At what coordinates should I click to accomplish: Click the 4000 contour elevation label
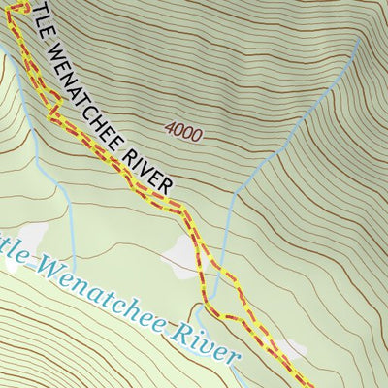(183, 131)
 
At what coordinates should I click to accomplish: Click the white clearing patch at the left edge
(29, 236)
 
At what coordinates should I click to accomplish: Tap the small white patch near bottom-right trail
(292, 346)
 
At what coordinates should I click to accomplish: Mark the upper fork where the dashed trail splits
(202, 260)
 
